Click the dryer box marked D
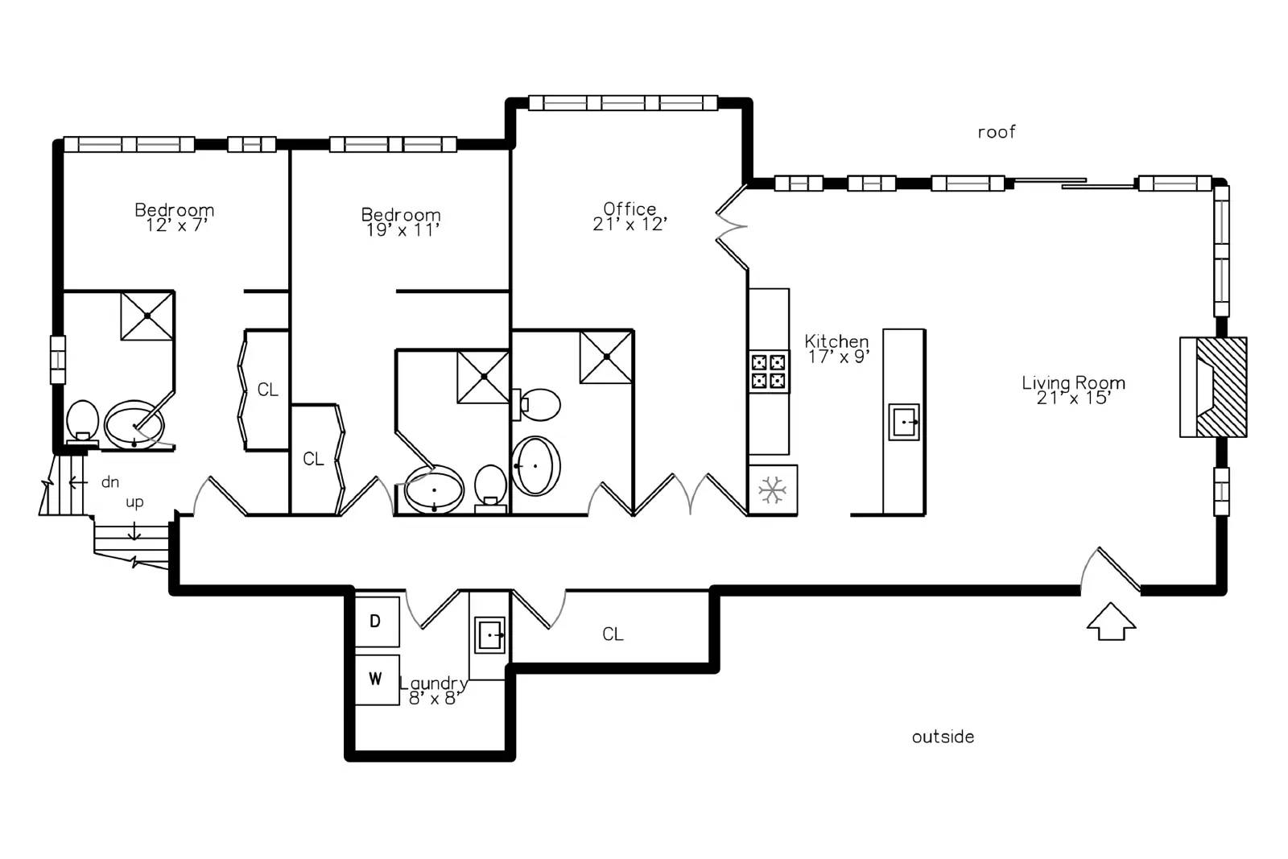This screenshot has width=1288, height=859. (378, 622)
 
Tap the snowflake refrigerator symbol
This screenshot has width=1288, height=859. (772, 490)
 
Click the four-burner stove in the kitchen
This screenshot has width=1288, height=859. (769, 371)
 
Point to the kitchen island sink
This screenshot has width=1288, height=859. (904, 422)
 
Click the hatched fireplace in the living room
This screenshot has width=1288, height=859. (1213, 387)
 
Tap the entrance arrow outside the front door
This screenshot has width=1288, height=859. (1111, 622)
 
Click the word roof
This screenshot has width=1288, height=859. (997, 132)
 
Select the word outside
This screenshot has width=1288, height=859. (943, 737)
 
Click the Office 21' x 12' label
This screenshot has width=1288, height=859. (630, 217)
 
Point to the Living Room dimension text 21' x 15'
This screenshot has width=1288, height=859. (1073, 399)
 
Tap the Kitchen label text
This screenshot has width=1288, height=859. (836, 341)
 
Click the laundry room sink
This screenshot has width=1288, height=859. (489, 635)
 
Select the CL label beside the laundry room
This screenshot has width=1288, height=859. (613, 634)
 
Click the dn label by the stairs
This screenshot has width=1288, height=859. (109, 481)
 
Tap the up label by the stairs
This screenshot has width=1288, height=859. (134, 503)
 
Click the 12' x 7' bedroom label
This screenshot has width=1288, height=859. (176, 226)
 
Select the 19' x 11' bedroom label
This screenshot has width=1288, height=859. (402, 230)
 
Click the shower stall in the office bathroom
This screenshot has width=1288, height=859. (607, 357)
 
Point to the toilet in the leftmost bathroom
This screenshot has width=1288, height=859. (82, 422)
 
